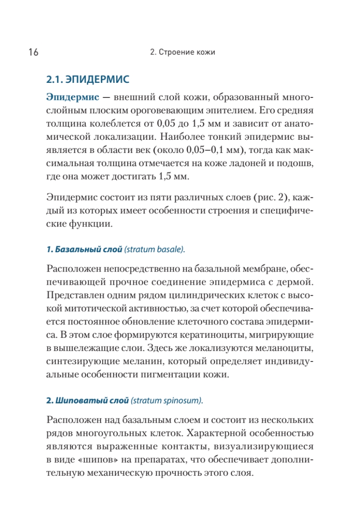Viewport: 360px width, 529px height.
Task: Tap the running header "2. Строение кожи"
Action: pyautogui.click(x=182, y=52)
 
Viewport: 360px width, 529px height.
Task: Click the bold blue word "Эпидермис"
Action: pyautogui.click(x=73, y=97)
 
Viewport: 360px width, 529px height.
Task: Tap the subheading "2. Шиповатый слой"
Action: pyautogui.click(x=87, y=401)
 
